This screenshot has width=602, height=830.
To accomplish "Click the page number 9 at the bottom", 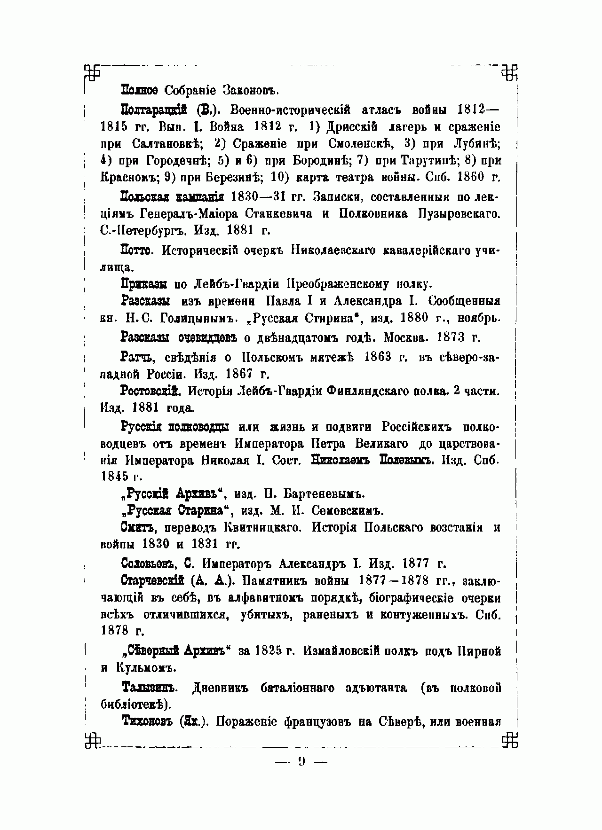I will point(301,761).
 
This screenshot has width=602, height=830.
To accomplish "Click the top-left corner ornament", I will point(92,71).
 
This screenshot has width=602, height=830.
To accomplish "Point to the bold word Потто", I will point(137,251).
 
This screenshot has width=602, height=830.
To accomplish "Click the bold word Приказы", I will point(144,284).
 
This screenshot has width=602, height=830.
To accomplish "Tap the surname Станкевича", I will point(278,214).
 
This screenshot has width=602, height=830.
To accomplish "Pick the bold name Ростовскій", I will point(151,391).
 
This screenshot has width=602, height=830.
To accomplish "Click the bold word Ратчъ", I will point(137,358).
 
